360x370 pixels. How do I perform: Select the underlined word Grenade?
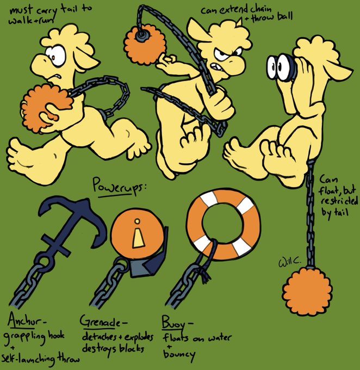(x=101, y=319)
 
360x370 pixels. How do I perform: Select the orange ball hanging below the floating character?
(x=307, y=293)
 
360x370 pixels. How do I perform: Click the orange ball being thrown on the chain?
(x=144, y=43)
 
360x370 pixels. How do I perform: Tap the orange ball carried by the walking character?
(x=47, y=106)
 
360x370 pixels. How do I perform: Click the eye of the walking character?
(x=55, y=54)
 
